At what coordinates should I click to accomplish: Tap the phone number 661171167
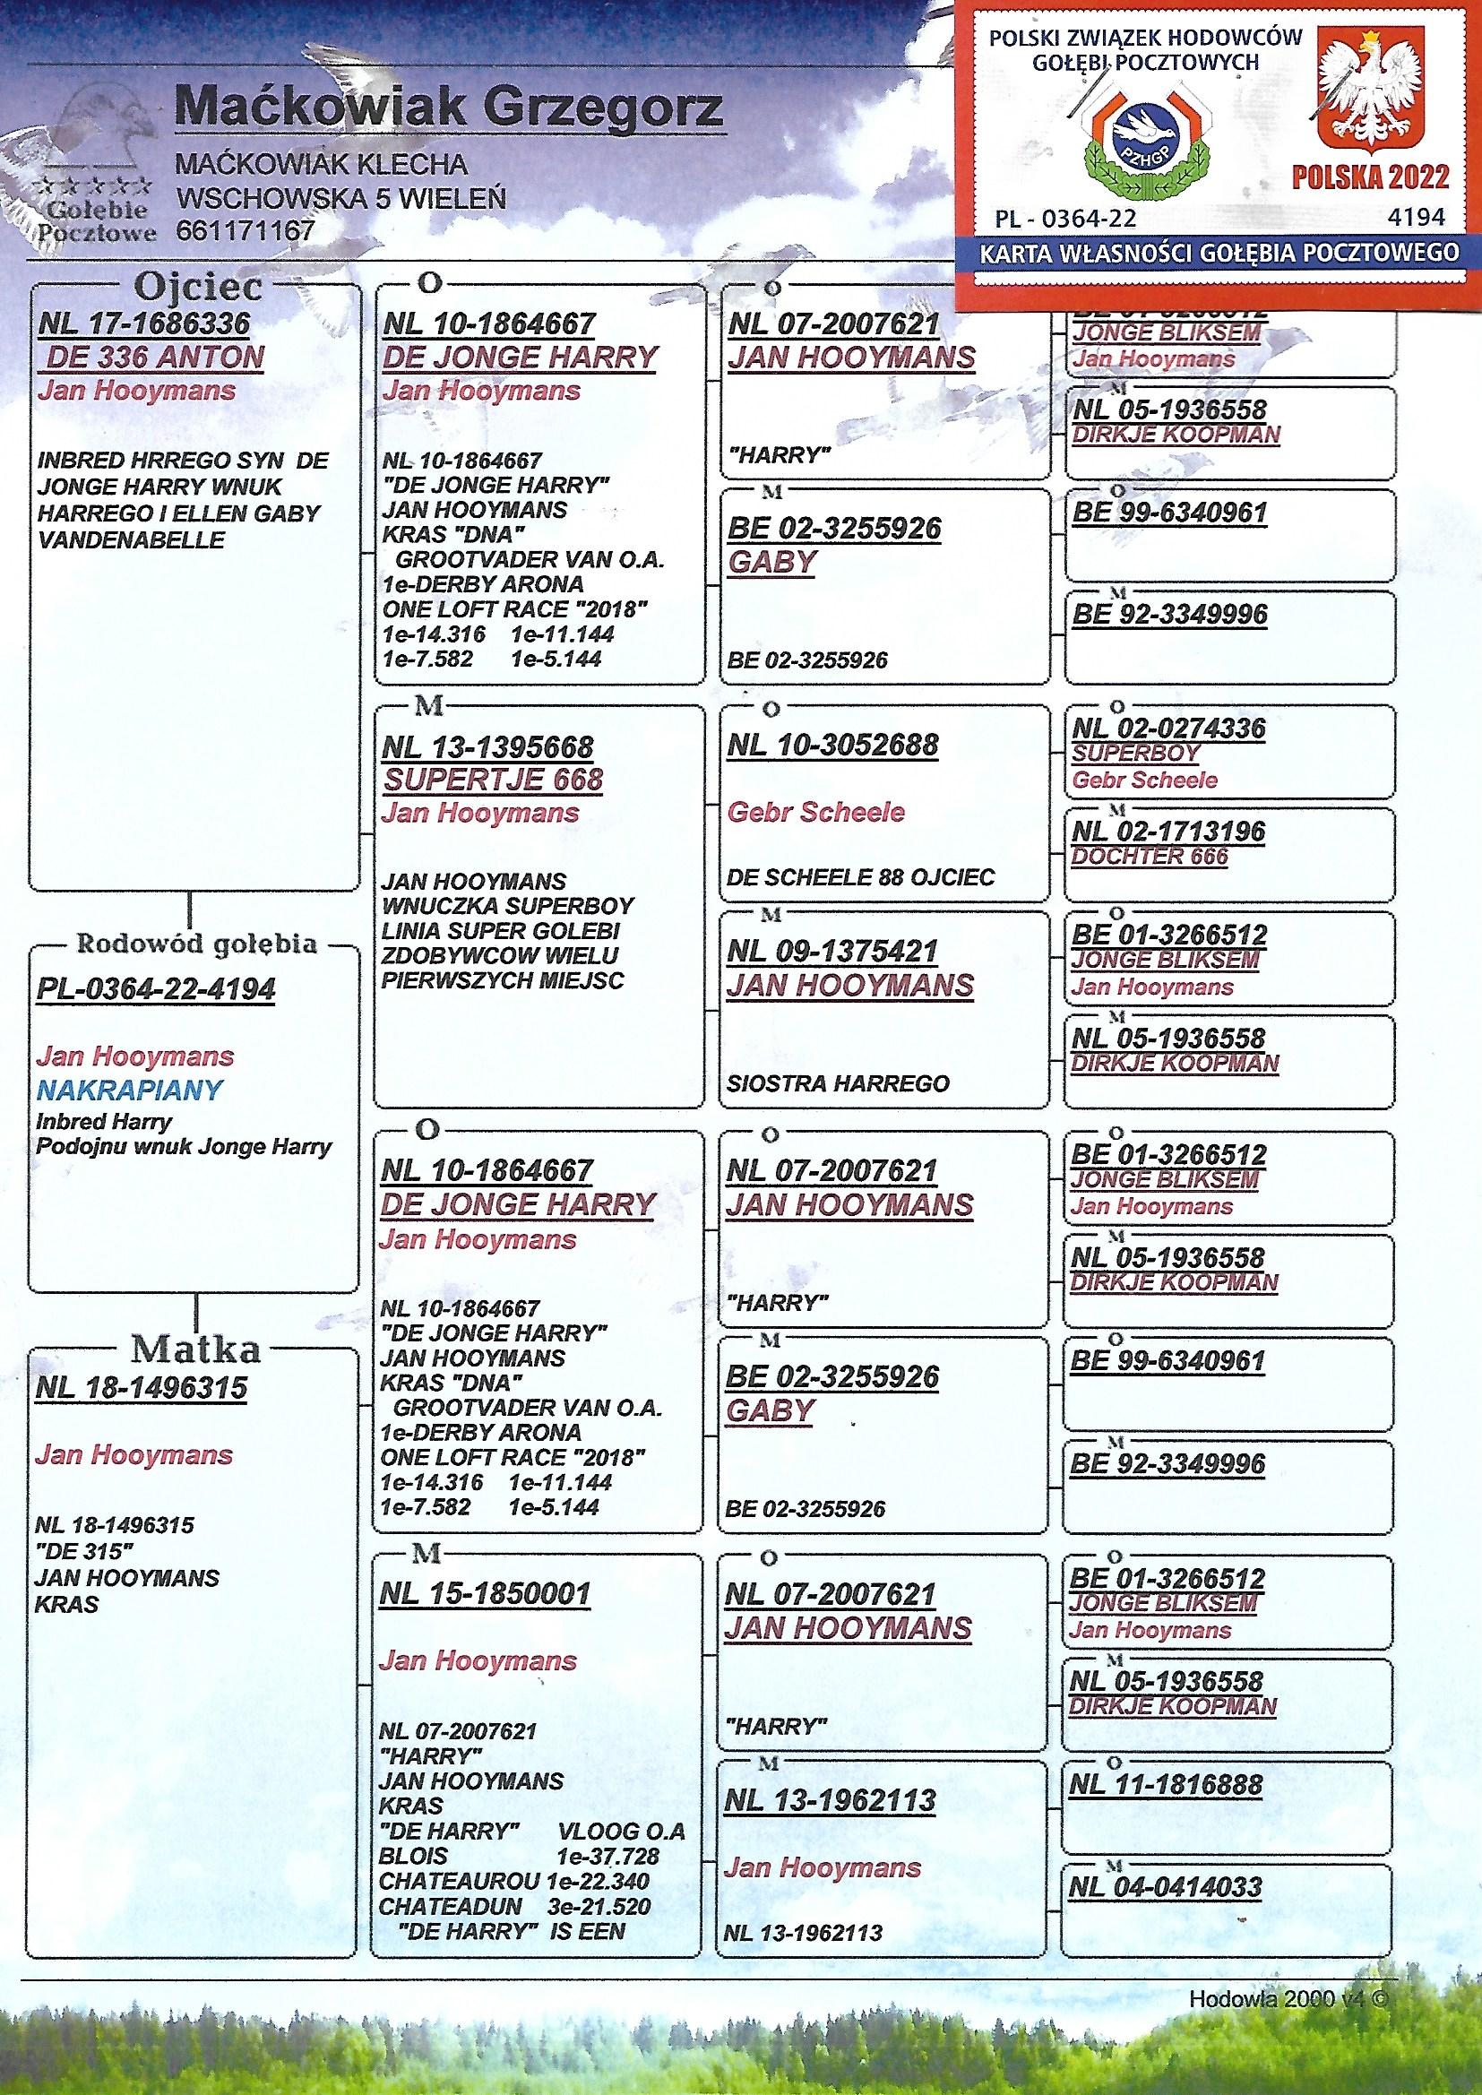coord(246,230)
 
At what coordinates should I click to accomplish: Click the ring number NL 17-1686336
coord(144,323)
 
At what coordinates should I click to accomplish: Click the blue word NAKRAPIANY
coord(130,1090)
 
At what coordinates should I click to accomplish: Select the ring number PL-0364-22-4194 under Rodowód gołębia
coord(156,990)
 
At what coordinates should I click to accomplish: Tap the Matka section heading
coord(195,1349)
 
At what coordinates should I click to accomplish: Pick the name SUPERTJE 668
coord(493,780)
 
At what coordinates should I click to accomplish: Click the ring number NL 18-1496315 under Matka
coord(142,1388)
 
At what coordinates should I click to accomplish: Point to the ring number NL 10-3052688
coord(833,746)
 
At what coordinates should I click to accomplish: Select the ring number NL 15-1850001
coord(486,1593)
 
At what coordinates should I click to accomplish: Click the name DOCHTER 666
coord(1150,857)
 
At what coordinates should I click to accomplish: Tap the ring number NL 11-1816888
coord(1168,1785)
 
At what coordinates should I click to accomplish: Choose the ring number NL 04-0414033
coord(1168,1886)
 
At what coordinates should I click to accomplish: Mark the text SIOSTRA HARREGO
coord(839,1084)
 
